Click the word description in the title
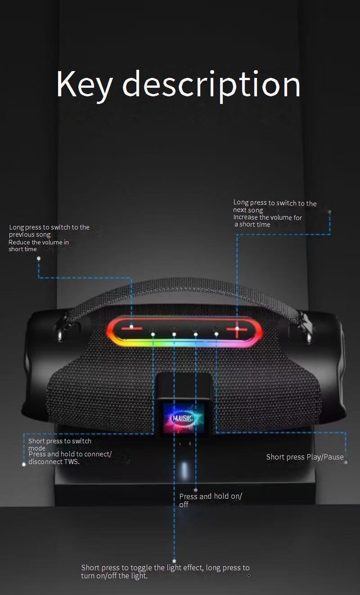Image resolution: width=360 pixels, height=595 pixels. [x=211, y=85]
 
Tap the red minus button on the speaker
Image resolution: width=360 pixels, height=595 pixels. [x=131, y=327]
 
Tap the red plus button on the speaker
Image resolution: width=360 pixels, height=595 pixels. [x=237, y=330]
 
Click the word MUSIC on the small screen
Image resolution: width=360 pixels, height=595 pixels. [x=183, y=418]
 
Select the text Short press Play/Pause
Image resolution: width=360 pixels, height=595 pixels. [x=305, y=457]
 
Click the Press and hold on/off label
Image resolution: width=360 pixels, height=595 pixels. [x=210, y=500]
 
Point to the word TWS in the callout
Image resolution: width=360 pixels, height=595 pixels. [x=72, y=461]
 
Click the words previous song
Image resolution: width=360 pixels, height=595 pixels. [x=30, y=234]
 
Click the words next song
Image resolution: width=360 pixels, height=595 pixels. [x=248, y=210]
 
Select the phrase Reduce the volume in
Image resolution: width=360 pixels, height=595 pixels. [x=39, y=242]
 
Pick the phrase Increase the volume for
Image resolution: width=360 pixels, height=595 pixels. [x=267, y=217]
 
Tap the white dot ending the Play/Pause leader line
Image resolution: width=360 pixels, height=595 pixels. [x=346, y=462]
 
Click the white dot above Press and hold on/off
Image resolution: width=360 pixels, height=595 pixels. [x=195, y=490]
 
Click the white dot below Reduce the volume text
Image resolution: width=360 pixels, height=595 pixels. [x=39, y=258]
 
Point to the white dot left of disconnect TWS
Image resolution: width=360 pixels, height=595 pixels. [x=24, y=464]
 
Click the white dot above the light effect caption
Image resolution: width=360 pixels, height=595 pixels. [x=174, y=561]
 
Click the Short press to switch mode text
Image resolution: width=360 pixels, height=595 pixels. [x=59, y=444]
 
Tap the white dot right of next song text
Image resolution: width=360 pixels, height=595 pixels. [x=329, y=211]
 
